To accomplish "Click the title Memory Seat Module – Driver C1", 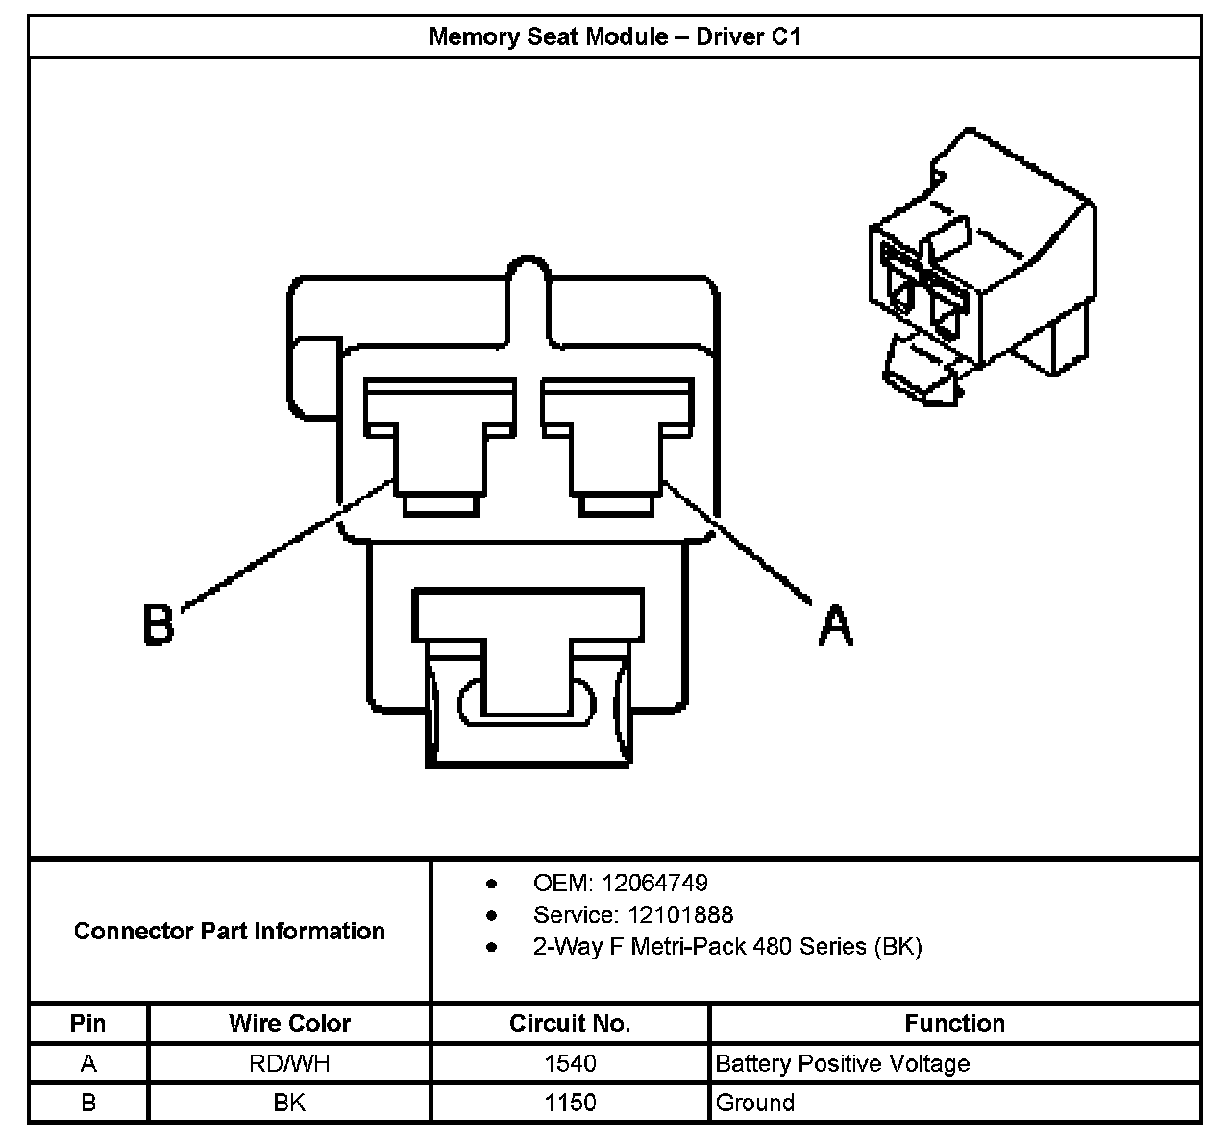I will pos(614,37).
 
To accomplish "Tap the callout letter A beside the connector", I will pos(835,625).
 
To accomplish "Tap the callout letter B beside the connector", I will pos(159,622).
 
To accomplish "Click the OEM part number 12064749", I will pos(663,883).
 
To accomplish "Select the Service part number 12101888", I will pos(680,914).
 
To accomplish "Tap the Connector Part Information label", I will pos(230,931).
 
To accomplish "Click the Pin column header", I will pos(88,1023).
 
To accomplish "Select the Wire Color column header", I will pos(289,1023).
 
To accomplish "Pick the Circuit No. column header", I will pos(570,1023).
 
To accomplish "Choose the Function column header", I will pos(954,1023).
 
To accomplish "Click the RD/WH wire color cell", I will pos(289,1063).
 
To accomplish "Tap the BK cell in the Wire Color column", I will pos(289,1102).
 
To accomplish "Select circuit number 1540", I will pos(570,1063).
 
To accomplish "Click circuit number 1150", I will pos(570,1102).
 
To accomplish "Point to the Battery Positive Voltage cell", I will pos(843,1063).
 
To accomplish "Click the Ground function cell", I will pos(755,1102).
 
